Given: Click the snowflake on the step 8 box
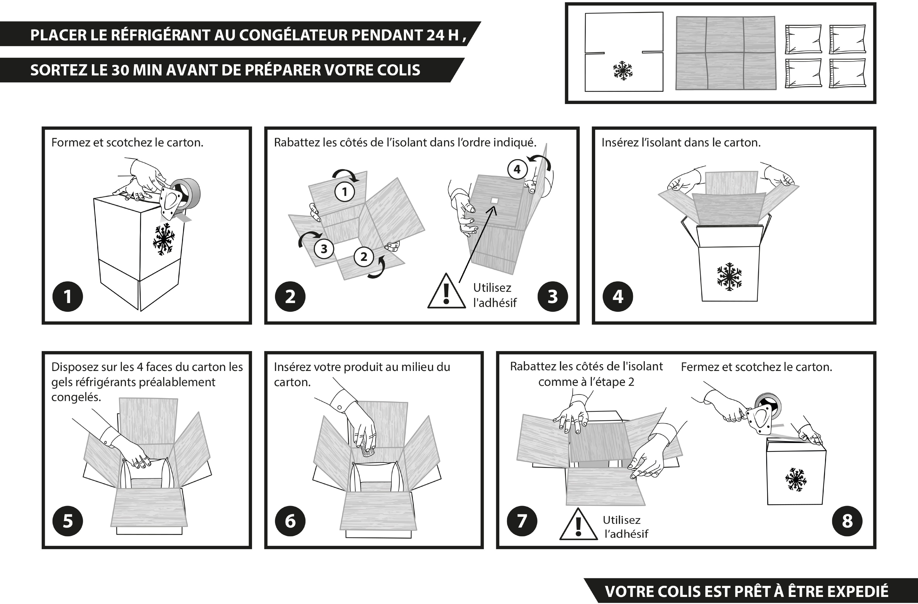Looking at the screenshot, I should point(795,480).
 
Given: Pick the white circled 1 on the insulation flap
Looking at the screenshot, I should point(344,192).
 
